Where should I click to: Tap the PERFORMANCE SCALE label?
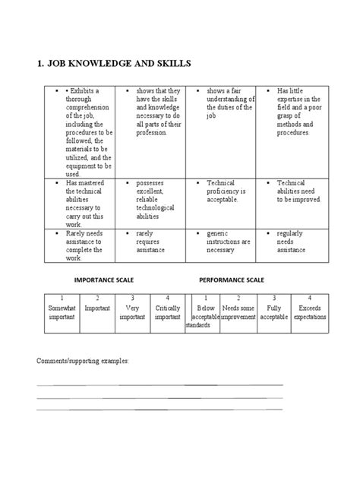pyautogui.click(x=232, y=279)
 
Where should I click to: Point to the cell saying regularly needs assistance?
pyautogui.click(x=294, y=242)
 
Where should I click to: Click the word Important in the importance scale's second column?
pyautogui.click(x=97, y=309)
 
